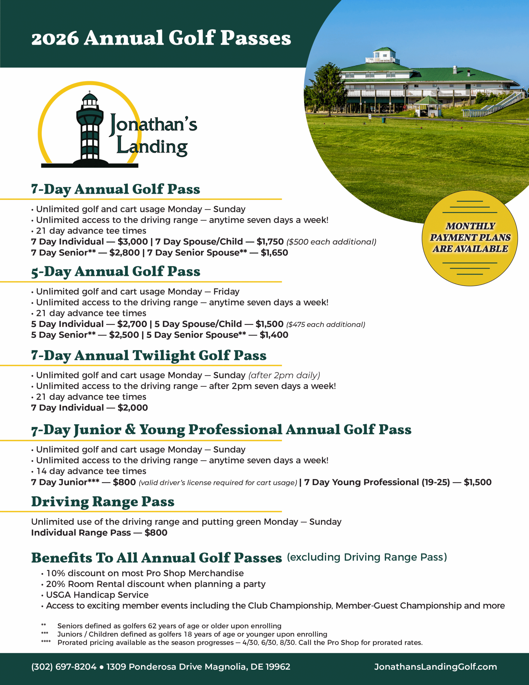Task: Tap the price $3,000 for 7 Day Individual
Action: pos(133,242)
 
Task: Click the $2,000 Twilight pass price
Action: pos(133,408)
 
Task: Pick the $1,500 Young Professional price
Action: pos(478,482)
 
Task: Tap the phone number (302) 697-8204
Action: pos(64,667)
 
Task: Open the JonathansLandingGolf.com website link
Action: pos(435,667)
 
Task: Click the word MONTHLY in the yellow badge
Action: pos(470,226)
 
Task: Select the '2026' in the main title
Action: pos(55,38)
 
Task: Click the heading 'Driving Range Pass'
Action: pos(102,502)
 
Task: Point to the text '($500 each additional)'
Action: pos(331,242)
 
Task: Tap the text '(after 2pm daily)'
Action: pos(284,375)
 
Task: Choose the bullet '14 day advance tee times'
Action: pos(91,471)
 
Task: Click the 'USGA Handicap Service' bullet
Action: pos(97,595)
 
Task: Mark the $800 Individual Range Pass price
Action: pos(156,532)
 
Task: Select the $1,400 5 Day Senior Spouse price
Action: pos(274,335)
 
